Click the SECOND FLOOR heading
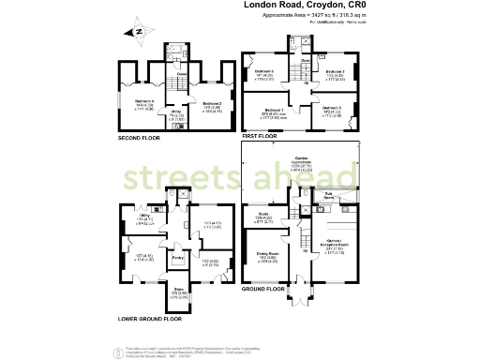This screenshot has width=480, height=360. tap(140, 137)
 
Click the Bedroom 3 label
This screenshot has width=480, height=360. tap(335, 71)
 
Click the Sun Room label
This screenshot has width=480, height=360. tap(329, 196)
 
